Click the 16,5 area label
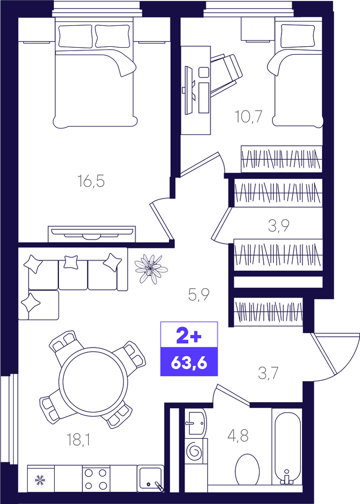click(91, 181)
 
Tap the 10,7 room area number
click(249, 116)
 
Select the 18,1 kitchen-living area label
click(78, 440)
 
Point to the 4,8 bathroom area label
click(238, 436)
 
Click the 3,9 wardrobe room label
click(279, 226)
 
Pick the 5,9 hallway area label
click(199, 294)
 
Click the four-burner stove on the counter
click(96, 478)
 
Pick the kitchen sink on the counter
click(151, 478)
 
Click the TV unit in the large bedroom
click(92, 234)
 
